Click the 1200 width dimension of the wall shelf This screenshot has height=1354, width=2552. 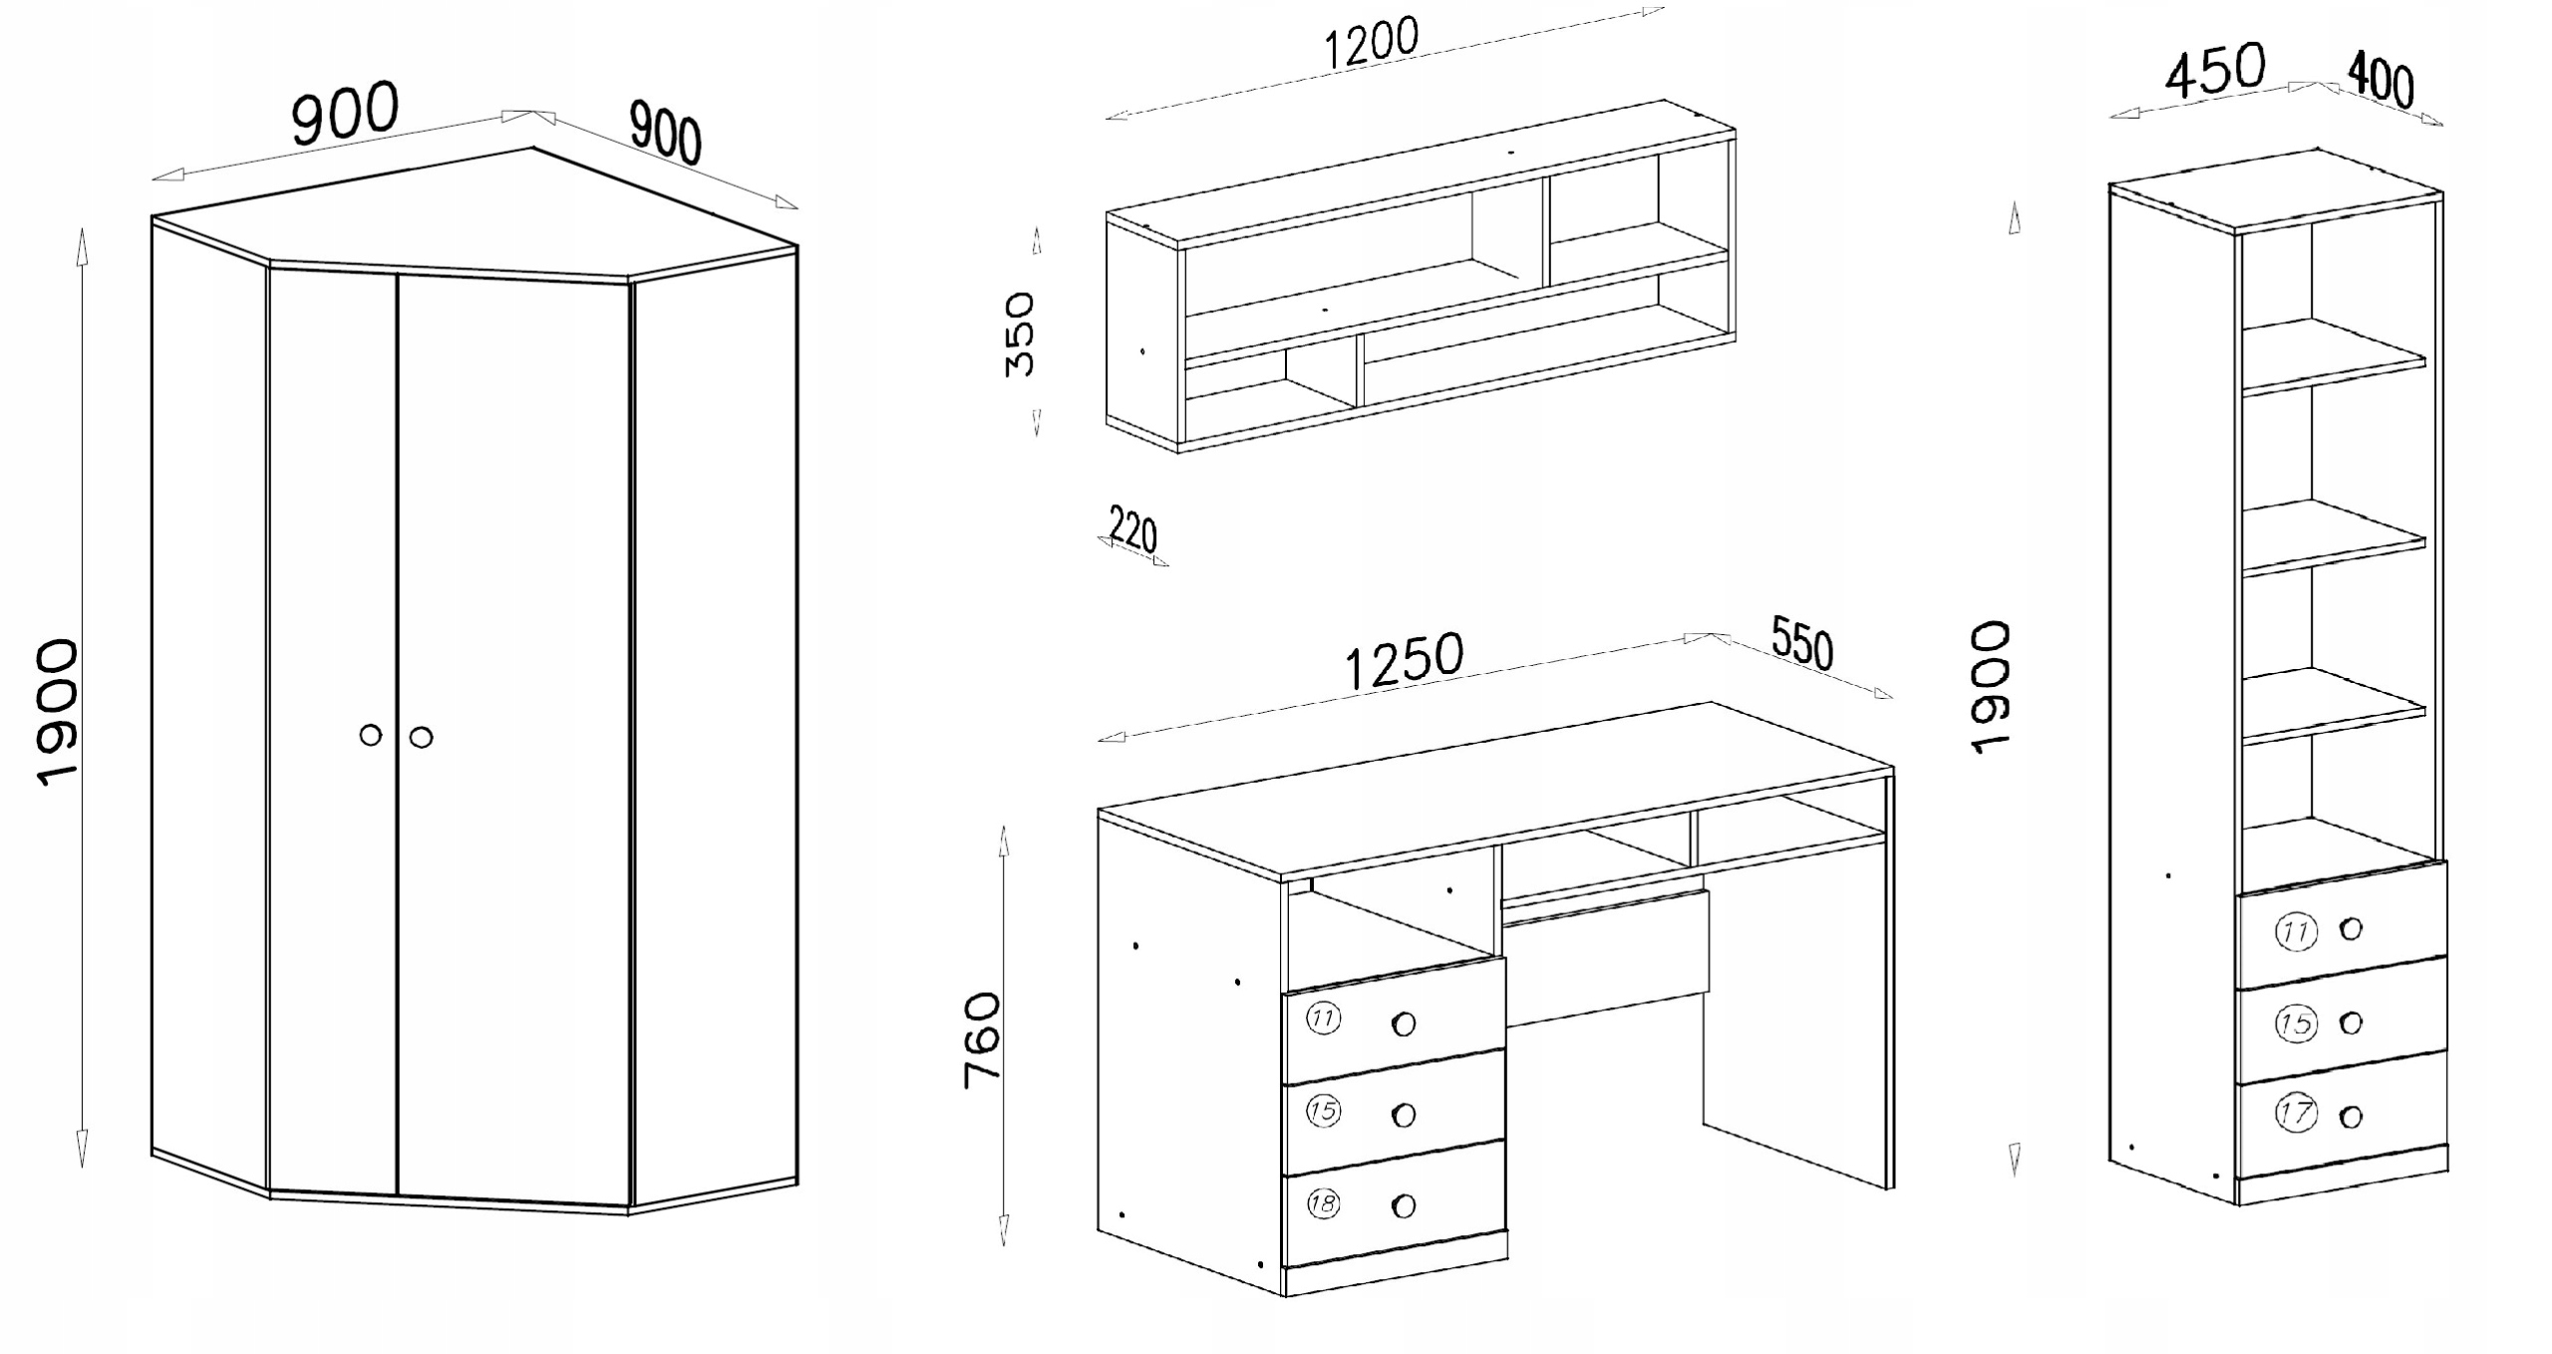click(1371, 43)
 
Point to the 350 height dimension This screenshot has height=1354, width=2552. click(1020, 334)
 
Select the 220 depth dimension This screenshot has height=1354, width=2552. click(1133, 531)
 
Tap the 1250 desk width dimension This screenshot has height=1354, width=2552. click(1405, 660)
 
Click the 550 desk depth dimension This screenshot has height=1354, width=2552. click(1802, 643)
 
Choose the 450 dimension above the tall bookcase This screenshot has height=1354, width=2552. click(2216, 70)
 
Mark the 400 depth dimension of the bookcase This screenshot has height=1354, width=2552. click(2381, 80)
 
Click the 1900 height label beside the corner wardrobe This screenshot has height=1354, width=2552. click(57, 714)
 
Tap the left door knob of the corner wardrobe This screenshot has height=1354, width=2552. click(370, 736)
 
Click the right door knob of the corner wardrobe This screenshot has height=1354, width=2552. click(421, 738)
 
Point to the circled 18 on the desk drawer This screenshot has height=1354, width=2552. click(1323, 1203)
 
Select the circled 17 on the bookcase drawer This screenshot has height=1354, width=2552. click(2297, 1113)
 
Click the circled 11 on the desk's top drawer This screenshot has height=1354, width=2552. click(1323, 1019)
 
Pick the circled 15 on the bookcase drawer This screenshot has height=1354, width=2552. click(2296, 1024)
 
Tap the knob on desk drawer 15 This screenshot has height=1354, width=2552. click(1404, 1115)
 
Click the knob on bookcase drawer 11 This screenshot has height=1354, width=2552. click(2351, 929)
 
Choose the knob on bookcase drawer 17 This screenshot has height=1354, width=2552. click(2351, 1117)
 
